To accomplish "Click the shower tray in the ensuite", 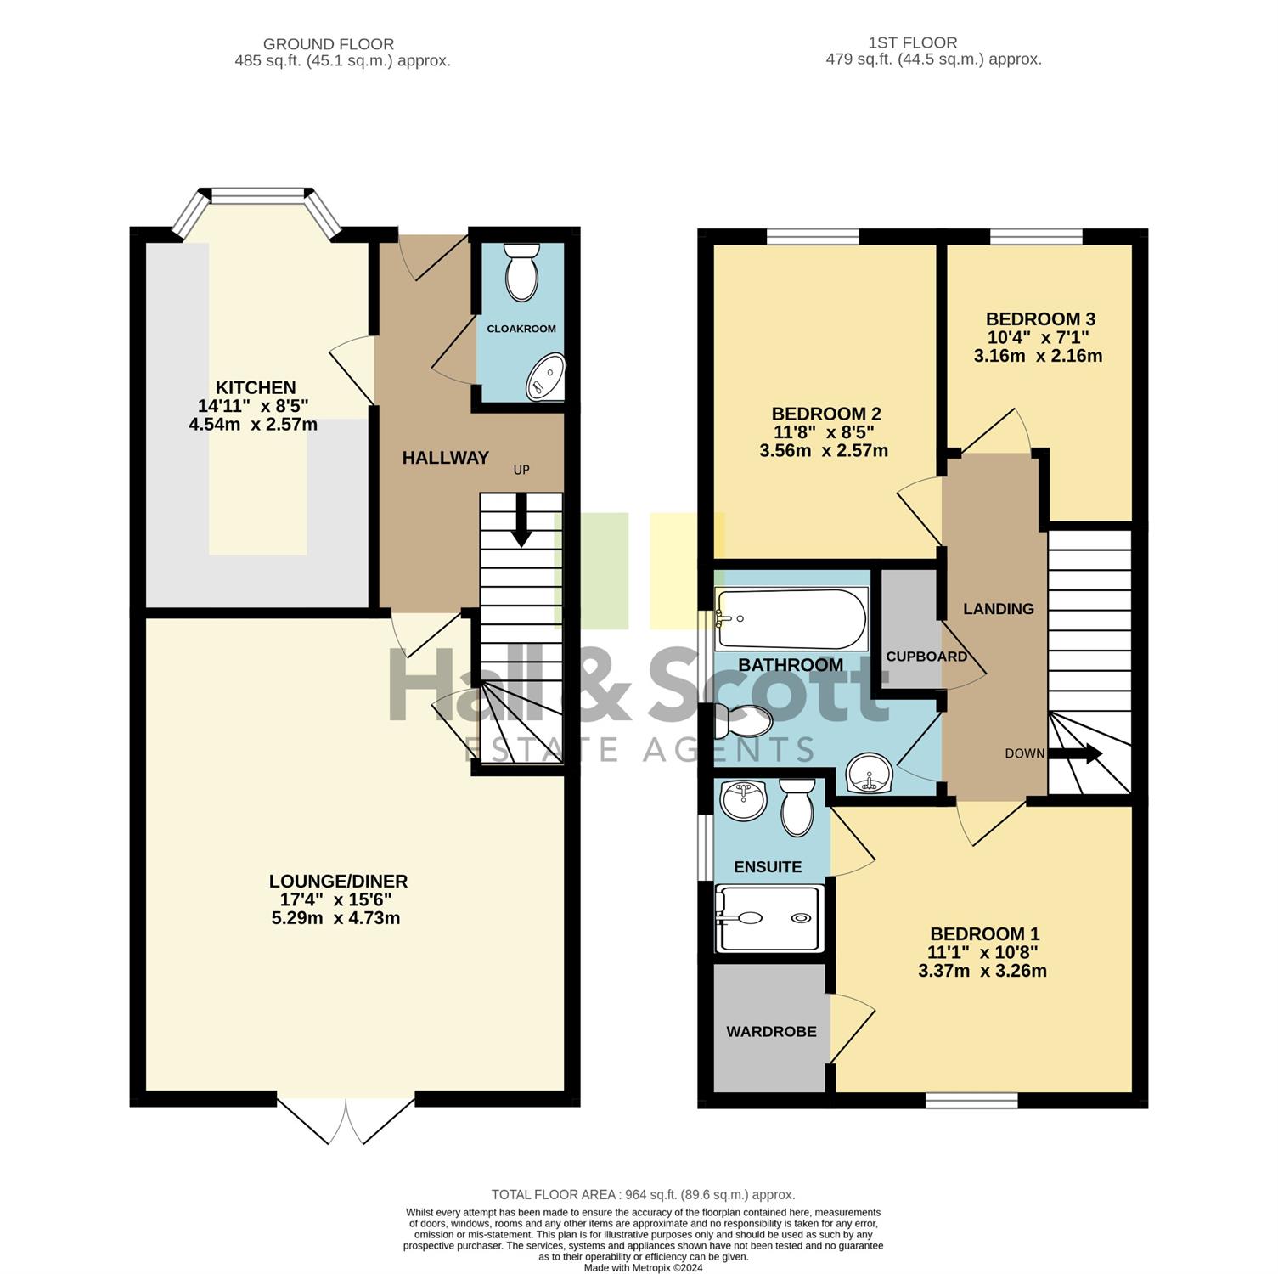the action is (769, 918).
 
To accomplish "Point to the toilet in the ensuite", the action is (797, 807).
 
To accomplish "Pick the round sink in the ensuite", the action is (743, 800).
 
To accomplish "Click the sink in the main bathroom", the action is (869, 774).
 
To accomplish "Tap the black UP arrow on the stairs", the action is (521, 520).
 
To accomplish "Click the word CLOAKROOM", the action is (521, 329).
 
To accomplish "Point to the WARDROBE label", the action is (771, 1031).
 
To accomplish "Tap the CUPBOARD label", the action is (926, 657).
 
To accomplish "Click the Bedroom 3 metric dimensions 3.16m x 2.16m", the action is (1038, 356).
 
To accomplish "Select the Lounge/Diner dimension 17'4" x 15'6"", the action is (338, 899).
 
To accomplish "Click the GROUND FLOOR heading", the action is (329, 44).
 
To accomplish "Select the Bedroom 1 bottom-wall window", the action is (971, 1101).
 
